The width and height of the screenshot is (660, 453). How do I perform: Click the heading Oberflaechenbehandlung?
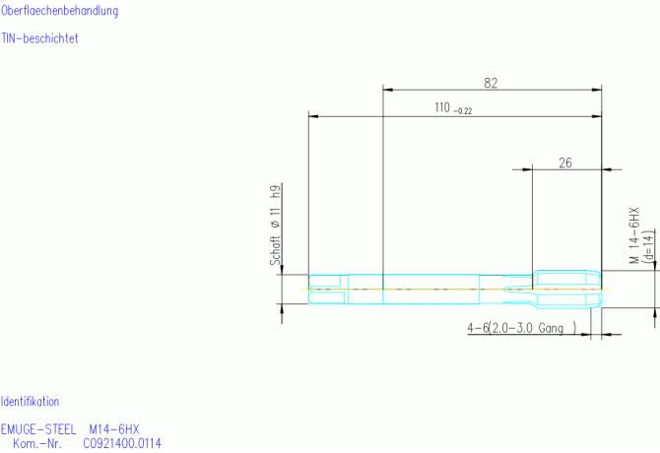pyautogui.click(x=59, y=11)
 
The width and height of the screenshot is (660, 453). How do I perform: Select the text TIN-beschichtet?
pyautogui.click(x=39, y=38)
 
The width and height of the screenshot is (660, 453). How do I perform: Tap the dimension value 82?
pyautogui.click(x=491, y=84)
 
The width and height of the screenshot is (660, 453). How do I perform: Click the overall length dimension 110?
pyautogui.click(x=442, y=107)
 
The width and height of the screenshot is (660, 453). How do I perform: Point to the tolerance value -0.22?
pyautogui.click(x=463, y=111)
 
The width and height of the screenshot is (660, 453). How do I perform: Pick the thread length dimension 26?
pyautogui.click(x=565, y=162)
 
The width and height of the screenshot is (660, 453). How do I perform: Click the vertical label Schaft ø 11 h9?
pyautogui.click(x=275, y=226)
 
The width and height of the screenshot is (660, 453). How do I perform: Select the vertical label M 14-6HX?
pyautogui.click(x=634, y=235)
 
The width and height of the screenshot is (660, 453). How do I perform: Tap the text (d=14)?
pyautogui.click(x=649, y=247)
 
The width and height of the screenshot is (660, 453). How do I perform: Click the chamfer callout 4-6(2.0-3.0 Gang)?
pyautogui.click(x=522, y=328)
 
